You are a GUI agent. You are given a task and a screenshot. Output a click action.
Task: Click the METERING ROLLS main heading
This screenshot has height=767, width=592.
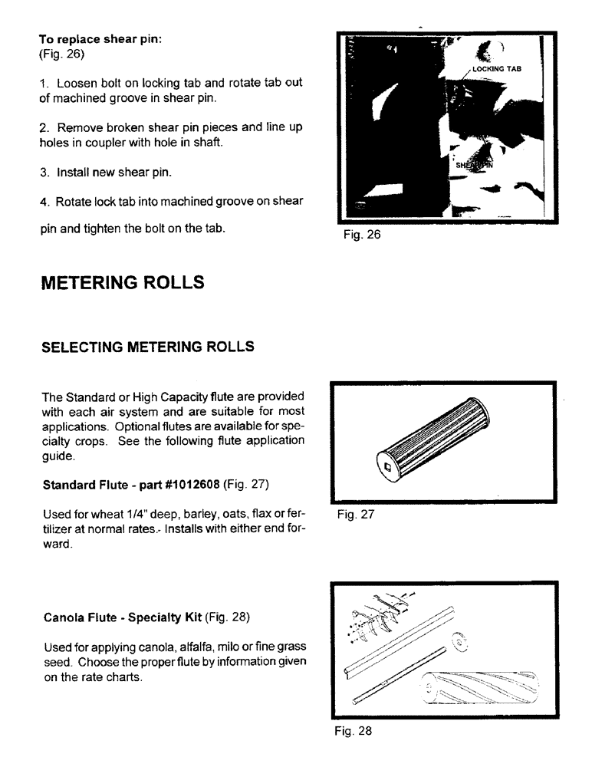pyautogui.click(x=123, y=282)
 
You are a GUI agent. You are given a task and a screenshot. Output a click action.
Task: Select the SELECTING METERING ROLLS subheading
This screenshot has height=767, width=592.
pyautogui.click(x=147, y=347)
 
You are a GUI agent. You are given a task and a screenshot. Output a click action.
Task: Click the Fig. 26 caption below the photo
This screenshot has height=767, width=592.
pyautogui.click(x=362, y=235)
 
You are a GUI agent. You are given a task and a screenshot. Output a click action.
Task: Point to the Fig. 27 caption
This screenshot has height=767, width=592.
pyautogui.click(x=355, y=515)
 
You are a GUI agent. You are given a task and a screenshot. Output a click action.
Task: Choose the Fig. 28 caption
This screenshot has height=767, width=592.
pyautogui.click(x=353, y=731)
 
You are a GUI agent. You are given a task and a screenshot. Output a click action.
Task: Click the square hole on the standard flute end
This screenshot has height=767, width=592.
pyautogui.click(x=387, y=465)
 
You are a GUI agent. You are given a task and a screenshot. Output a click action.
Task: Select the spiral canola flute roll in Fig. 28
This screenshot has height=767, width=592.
pyautogui.click(x=479, y=687)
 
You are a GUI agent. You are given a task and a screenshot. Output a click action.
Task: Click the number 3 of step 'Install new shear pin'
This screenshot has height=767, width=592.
pyautogui.click(x=43, y=173)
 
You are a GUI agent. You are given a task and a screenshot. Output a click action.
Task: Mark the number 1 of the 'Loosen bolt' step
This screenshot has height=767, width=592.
pyautogui.click(x=43, y=83)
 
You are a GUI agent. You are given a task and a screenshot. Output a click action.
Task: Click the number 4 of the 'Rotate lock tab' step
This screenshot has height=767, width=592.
pyautogui.click(x=43, y=202)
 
